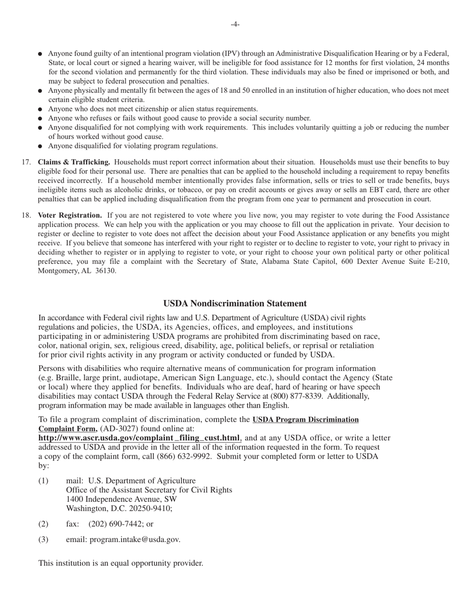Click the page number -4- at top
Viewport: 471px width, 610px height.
click(235, 24)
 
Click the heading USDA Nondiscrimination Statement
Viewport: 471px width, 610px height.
click(235, 304)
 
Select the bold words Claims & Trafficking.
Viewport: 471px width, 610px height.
click(74, 162)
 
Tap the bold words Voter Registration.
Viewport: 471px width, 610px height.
click(70, 215)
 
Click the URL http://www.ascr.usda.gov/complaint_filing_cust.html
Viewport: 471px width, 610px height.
click(139, 438)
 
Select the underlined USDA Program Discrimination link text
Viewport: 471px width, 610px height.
click(305, 420)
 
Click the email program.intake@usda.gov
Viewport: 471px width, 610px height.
click(134, 540)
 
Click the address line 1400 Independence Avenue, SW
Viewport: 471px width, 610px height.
click(121, 499)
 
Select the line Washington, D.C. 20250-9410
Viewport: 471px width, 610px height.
click(119, 509)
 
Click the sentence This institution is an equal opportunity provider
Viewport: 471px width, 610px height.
click(120, 563)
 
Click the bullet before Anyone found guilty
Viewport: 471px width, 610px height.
click(40, 54)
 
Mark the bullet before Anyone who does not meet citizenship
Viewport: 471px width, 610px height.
click(40, 110)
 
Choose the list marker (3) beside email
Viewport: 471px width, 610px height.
click(43, 540)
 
